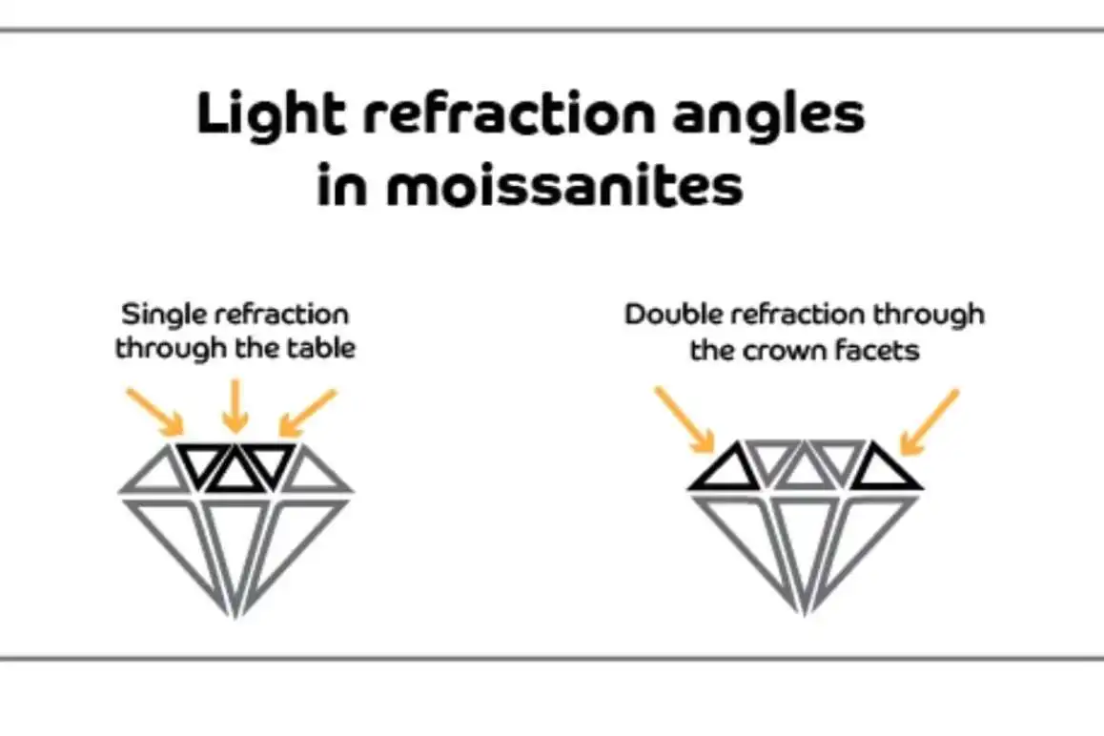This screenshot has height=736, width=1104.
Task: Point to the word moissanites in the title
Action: pos(564,186)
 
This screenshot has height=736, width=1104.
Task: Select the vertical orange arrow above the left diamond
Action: pos(235,405)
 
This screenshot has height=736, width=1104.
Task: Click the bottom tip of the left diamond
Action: pos(235,613)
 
